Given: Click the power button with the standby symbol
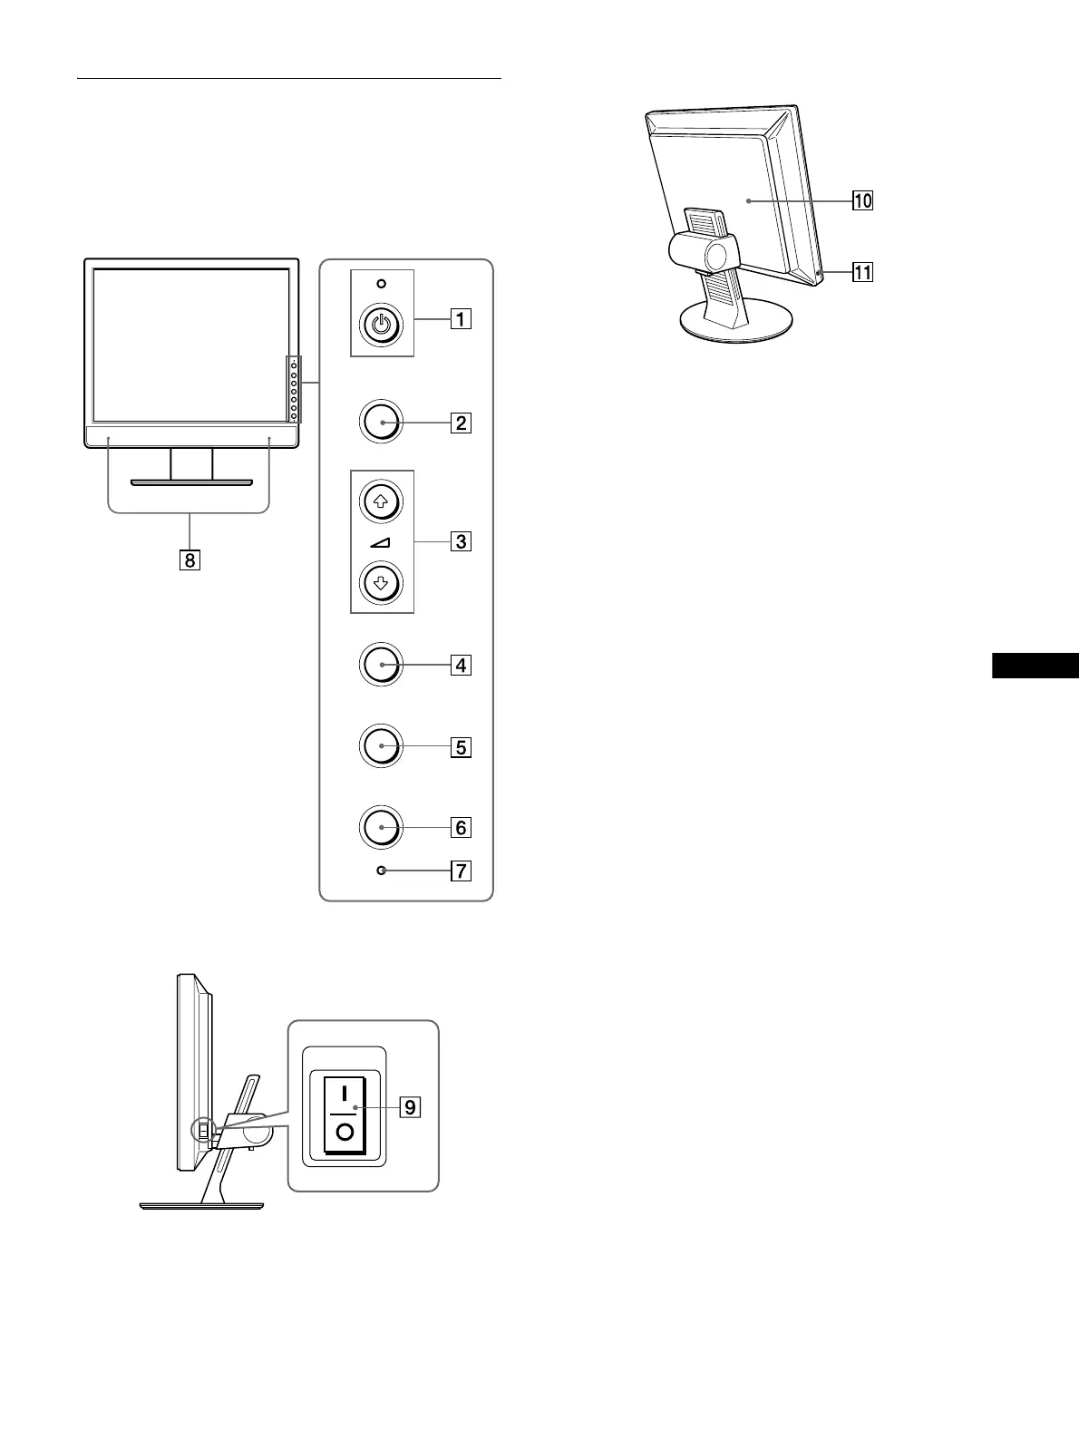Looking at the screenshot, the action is pyautogui.click(x=382, y=326).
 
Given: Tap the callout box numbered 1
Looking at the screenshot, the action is pyautogui.click(x=462, y=319).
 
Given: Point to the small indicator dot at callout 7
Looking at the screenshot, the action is pyautogui.click(x=382, y=871).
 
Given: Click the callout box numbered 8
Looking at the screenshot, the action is pyautogui.click(x=190, y=560).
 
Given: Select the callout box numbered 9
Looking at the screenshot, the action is pyautogui.click(x=410, y=1107).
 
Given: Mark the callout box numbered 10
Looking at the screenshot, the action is pyautogui.click(x=862, y=200).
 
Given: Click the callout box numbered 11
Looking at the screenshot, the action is pyautogui.click(x=862, y=271).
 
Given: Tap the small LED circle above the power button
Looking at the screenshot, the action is pyautogui.click(x=382, y=284).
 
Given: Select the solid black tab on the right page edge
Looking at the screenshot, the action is pyautogui.click(x=1035, y=666).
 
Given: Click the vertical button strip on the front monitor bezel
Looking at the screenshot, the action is pyautogui.click(x=294, y=390).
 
